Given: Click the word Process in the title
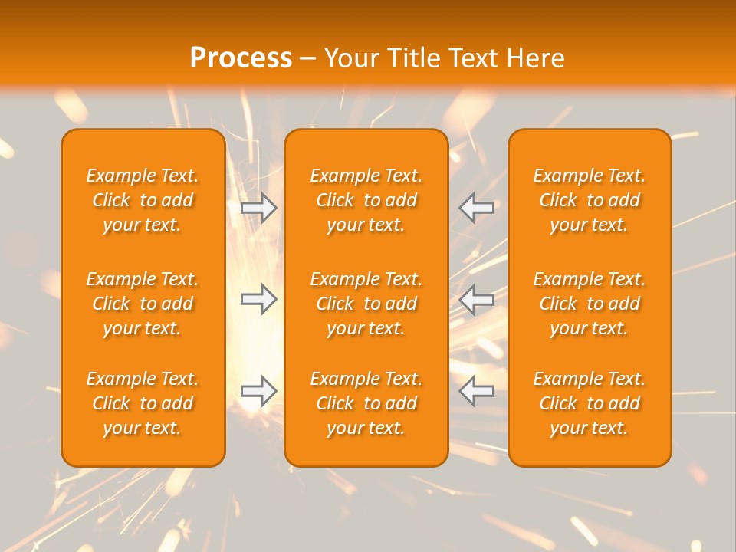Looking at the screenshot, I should pos(241,58).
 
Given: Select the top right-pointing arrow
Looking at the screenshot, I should pos(259,208).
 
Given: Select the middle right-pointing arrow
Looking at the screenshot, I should pos(259,299).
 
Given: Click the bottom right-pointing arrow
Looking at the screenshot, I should pos(259,391).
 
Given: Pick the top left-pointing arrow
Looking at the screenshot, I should pos(477,208).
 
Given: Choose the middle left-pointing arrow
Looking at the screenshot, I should pos(477,299).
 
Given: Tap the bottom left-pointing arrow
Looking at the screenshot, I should pos(477,391).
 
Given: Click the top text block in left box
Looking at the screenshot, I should pos(143,200).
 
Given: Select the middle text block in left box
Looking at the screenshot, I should pos(143,304).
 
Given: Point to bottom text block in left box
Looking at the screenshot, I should pos(143,403).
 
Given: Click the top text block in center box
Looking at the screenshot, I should pos(366,200).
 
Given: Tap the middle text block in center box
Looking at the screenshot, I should pos(366,304).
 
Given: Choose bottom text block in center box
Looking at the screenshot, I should pos(366,403).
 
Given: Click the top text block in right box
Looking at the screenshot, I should pos(590,200).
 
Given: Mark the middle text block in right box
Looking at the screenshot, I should pos(590,304).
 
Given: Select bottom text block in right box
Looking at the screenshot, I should pos(590,403).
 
